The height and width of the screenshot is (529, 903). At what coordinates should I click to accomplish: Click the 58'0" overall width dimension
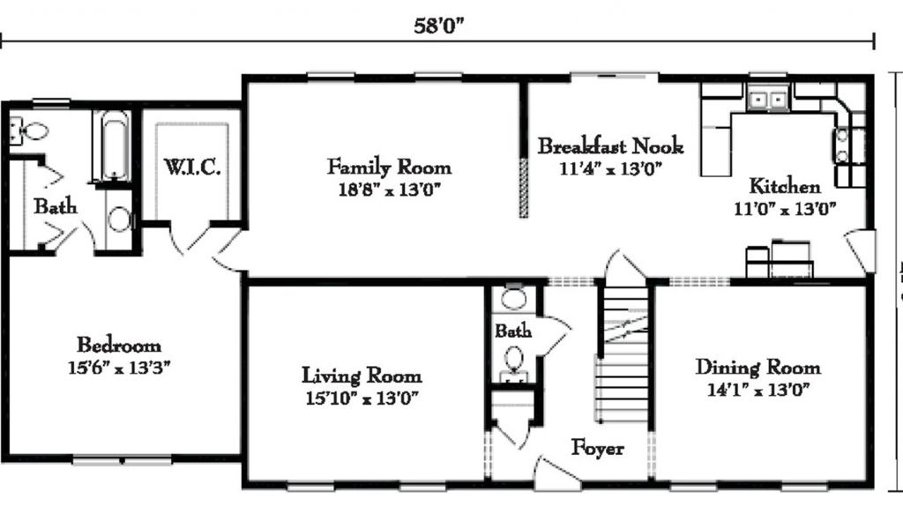(439, 26)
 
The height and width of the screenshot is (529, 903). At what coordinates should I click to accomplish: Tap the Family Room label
(389, 167)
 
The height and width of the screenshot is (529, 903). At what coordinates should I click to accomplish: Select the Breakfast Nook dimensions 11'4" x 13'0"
(610, 168)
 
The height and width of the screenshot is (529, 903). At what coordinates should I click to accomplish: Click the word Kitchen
(785, 186)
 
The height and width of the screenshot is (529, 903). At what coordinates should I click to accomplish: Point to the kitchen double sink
(768, 100)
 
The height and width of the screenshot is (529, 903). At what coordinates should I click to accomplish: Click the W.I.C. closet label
(192, 167)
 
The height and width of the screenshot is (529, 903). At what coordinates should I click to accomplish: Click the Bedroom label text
(119, 345)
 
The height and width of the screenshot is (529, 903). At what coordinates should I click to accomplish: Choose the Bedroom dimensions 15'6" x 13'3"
(119, 368)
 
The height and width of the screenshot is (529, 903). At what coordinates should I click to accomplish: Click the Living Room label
(362, 376)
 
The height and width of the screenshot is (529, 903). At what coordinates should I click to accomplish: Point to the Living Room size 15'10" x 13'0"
(362, 398)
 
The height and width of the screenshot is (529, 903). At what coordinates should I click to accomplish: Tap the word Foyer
(597, 447)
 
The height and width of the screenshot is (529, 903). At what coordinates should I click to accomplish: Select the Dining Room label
(757, 367)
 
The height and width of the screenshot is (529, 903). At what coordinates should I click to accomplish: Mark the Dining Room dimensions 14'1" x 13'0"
(757, 390)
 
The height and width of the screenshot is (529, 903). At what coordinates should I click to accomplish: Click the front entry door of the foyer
(556, 474)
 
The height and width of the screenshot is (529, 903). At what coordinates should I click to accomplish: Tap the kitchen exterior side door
(861, 250)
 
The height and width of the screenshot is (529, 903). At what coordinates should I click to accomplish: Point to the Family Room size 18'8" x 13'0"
(389, 190)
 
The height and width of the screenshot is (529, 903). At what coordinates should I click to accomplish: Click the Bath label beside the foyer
(513, 331)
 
